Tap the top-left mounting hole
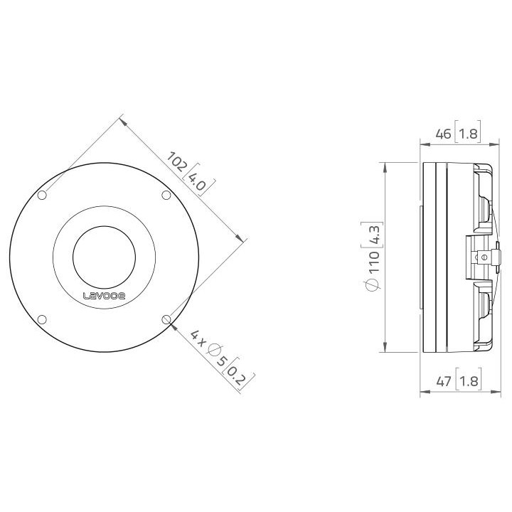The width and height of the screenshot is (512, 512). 42,195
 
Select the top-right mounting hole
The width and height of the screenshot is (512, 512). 166,195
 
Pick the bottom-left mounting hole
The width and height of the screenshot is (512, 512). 42,319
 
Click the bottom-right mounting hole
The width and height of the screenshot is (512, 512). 166,319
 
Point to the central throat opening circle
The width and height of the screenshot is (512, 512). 104,257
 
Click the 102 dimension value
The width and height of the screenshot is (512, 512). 177,162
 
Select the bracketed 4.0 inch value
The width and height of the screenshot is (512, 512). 196,181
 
